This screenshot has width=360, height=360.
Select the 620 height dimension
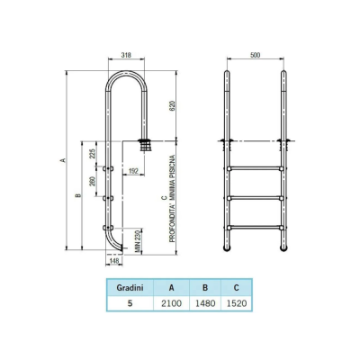173,104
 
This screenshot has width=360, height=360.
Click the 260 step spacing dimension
93,183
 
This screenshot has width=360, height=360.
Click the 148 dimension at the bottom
114,263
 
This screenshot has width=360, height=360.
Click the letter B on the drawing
78,195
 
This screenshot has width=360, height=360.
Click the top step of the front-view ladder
255,168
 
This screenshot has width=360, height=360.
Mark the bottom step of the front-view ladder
255,227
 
